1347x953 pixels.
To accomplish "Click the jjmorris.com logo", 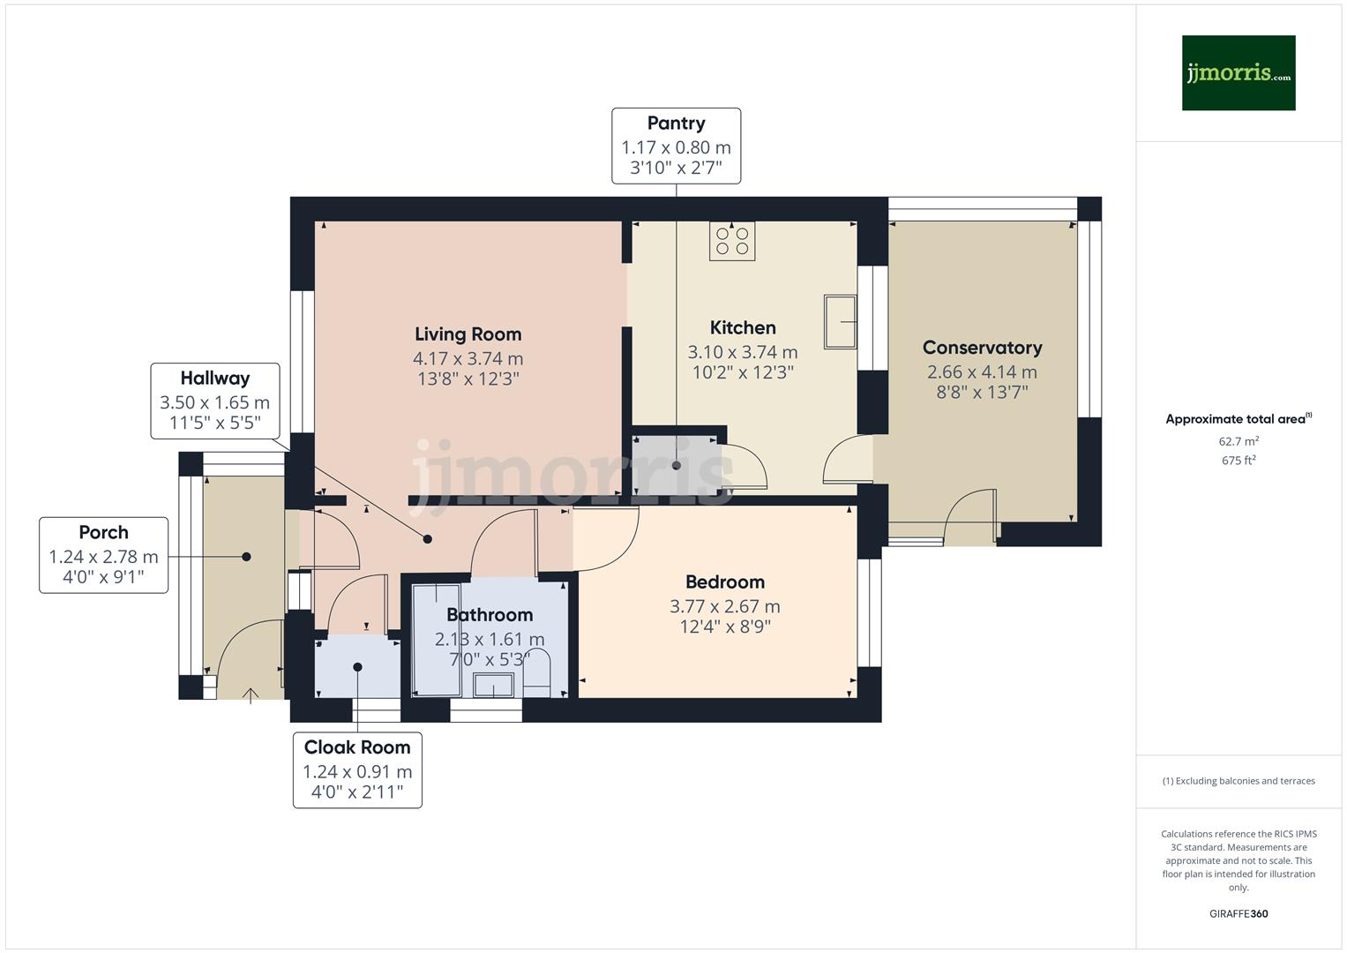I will click(1238, 72).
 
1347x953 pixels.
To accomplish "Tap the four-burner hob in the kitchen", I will click(732, 241).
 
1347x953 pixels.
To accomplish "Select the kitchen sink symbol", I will click(840, 321).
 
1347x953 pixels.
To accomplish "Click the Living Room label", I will click(468, 334).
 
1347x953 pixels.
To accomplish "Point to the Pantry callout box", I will click(676, 146).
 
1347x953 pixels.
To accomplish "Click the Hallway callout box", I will click(214, 401).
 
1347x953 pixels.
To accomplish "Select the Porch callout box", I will click(103, 555).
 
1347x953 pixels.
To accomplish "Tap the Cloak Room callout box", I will click(357, 769).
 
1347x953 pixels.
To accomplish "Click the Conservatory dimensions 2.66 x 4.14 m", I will click(982, 371).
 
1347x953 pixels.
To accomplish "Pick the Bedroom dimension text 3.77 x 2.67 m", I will click(724, 606).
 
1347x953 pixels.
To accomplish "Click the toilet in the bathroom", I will click(537, 675).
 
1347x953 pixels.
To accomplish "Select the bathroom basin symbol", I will click(493, 685).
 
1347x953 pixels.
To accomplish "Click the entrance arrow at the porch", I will click(251, 695).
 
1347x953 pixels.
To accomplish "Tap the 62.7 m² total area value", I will click(1238, 441).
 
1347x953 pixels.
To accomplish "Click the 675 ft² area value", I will click(1238, 461).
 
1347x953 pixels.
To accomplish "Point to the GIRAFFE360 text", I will click(1238, 913).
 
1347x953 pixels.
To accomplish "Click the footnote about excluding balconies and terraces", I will click(1238, 781).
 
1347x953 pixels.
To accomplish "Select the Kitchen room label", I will click(743, 328).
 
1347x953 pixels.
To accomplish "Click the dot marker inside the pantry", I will click(677, 465).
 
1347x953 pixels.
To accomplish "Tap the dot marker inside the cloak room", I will click(357, 667).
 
